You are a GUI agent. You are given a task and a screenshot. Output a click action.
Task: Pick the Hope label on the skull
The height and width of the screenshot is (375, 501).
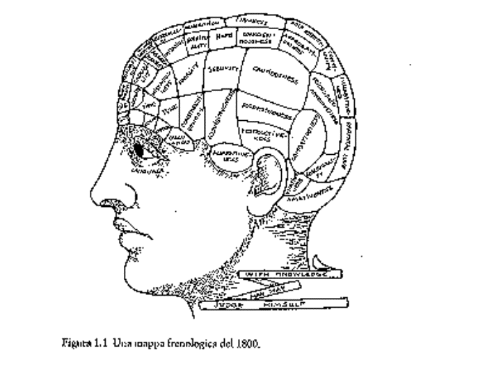pyautogui.click(x=223, y=35)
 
